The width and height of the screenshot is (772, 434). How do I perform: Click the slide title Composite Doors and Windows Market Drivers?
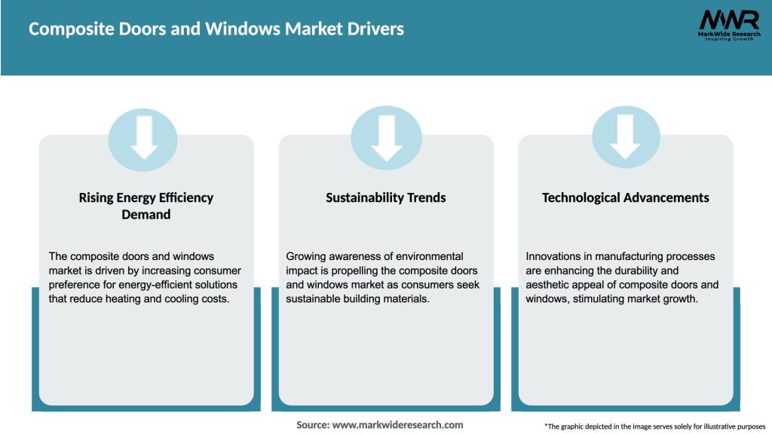point(216,29)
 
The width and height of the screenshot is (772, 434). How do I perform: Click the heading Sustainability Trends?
point(386,198)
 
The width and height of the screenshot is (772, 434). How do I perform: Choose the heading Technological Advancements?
point(625,198)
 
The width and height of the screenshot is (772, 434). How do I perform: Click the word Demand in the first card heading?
point(146,215)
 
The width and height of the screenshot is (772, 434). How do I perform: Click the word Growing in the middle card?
point(306,257)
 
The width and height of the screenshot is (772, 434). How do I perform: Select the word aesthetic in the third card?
point(550,285)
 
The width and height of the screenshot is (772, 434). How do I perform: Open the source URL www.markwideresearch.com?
point(398,425)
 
